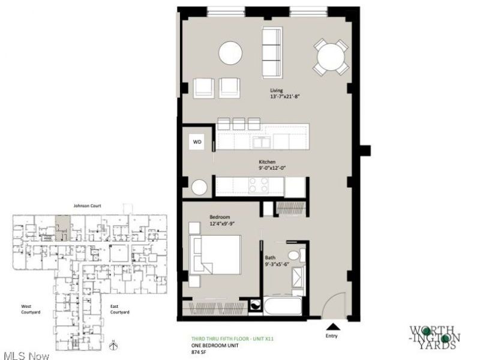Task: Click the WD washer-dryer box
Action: [197, 142]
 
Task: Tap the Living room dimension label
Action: [284, 94]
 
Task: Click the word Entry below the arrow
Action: [332, 337]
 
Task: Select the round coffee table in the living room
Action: [230, 53]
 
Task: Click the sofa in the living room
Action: [273, 52]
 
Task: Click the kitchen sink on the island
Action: [262, 142]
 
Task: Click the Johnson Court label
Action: [87, 206]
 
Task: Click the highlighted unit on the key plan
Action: [62, 229]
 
